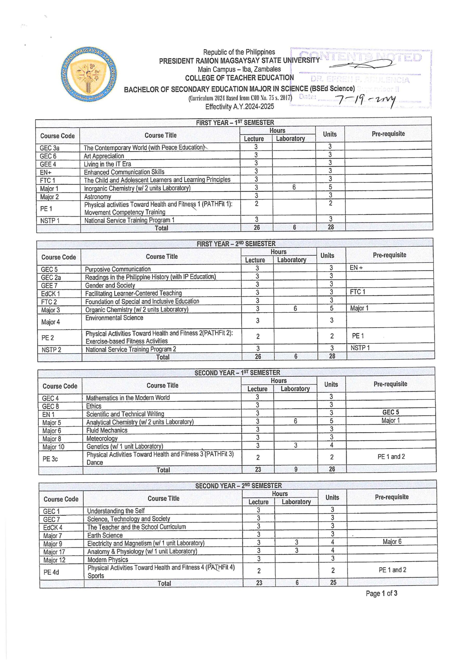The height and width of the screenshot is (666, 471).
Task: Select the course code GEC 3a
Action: [49, 148]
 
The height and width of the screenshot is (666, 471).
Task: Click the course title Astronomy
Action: [98, 197]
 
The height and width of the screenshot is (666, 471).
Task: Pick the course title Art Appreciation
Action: [104, 156]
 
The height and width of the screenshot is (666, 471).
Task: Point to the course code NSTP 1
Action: [50, 221]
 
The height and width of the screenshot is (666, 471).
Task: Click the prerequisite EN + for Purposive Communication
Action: [356, 268]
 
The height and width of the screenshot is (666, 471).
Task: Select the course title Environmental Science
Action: [114, 318]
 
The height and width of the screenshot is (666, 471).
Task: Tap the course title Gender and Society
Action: [110, 285]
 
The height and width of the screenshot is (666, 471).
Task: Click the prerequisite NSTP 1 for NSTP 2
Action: [360, 348]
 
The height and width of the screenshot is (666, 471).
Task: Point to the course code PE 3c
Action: [50, 459]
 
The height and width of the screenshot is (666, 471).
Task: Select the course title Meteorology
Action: [102, 439]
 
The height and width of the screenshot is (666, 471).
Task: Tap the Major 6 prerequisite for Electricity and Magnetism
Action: [392, 542]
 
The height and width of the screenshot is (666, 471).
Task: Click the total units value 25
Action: [333, 582]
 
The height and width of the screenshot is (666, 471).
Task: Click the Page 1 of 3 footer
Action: [381, 593]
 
